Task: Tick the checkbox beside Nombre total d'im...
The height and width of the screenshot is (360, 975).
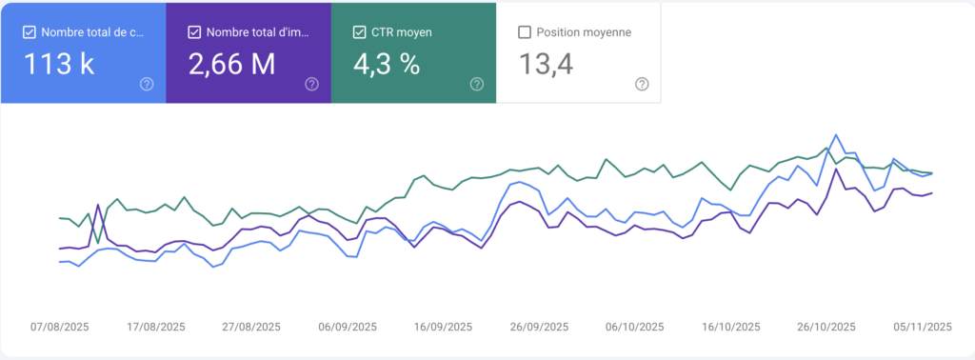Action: (195, 32)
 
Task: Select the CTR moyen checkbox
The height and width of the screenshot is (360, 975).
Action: (360, 32)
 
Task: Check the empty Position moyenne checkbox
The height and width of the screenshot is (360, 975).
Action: (525, 32)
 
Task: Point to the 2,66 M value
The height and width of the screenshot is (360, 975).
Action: (232, 65)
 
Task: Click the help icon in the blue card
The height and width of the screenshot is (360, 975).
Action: (147, 84)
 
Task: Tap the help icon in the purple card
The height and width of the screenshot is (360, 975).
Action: (311, 84)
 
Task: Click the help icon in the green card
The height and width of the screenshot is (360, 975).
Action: (477, 84)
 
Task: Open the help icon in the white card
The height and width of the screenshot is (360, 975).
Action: (642, 84)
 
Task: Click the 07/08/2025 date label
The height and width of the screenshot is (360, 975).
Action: (60, 327)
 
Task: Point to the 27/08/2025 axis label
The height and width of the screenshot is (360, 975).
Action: (251, 327)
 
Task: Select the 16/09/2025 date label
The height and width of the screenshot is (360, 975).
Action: (443, 327)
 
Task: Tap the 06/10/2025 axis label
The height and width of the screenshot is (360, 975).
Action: (634, 327)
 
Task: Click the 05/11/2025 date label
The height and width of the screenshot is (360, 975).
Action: (923, 327)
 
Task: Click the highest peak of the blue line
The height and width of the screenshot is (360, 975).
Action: (836, 135)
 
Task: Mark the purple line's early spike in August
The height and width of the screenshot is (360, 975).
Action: (99, 205)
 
